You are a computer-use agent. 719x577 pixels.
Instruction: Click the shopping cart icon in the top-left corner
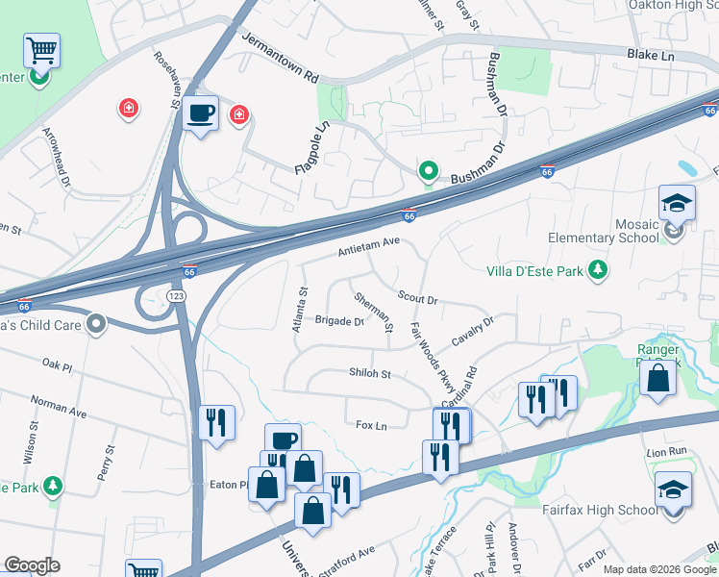point(41,50)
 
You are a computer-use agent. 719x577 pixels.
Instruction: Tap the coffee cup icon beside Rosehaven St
point(200,113)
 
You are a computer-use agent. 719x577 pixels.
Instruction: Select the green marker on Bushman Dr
point(428,172)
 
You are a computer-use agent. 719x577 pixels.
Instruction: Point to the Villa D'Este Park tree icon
point(599,271)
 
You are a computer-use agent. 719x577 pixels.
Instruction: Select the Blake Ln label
point(651,57)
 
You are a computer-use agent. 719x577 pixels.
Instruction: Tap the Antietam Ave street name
point(367,248)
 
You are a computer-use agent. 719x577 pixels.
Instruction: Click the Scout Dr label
point(417,298)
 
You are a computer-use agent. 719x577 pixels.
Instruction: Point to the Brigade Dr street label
point(339,321)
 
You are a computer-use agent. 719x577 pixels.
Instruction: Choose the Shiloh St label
point(370,373)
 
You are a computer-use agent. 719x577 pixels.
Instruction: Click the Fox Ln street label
point(370,425)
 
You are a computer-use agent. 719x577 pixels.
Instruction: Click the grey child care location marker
point(95,325)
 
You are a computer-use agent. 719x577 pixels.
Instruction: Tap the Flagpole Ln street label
point(312,147)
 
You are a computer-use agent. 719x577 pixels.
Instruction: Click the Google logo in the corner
point(32,565)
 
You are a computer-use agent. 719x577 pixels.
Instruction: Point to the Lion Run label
point(666,451)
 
